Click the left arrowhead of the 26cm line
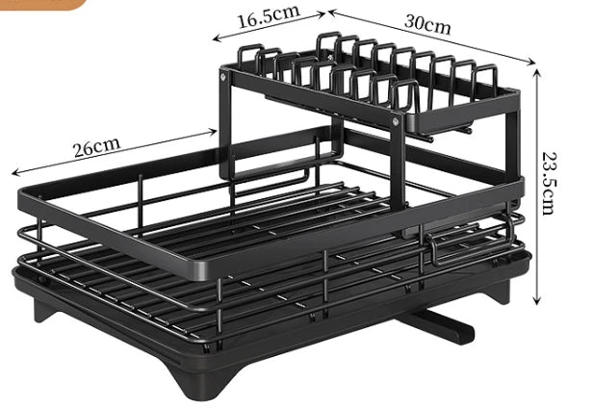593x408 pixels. click(x=13, y=174)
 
